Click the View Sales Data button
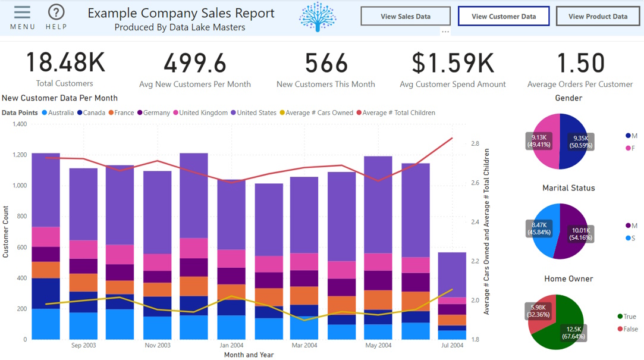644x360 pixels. tap(406, 17)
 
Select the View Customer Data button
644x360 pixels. tap(504, 17)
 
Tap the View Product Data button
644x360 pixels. tap(598, 17)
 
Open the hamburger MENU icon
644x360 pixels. tap(22, 12)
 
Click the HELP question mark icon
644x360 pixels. tap(56, 12)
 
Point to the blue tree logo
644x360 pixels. tap(318, 17)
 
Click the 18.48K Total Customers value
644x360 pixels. tap(65, 63)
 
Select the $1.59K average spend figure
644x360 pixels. tap(453, 63)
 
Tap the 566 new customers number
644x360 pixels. tap(326, 63)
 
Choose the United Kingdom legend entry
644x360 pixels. tap(203, 112)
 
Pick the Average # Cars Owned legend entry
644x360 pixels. tap(319, 112)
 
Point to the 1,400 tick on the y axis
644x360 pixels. tap(20, 124)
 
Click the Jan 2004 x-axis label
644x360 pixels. tap(231, 345)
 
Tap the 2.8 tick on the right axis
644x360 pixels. tap(475, 143)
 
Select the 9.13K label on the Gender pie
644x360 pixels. tap(539, 140)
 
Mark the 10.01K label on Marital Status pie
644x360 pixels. tap(580, 234)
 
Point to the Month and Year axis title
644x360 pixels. tap(249, 355)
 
